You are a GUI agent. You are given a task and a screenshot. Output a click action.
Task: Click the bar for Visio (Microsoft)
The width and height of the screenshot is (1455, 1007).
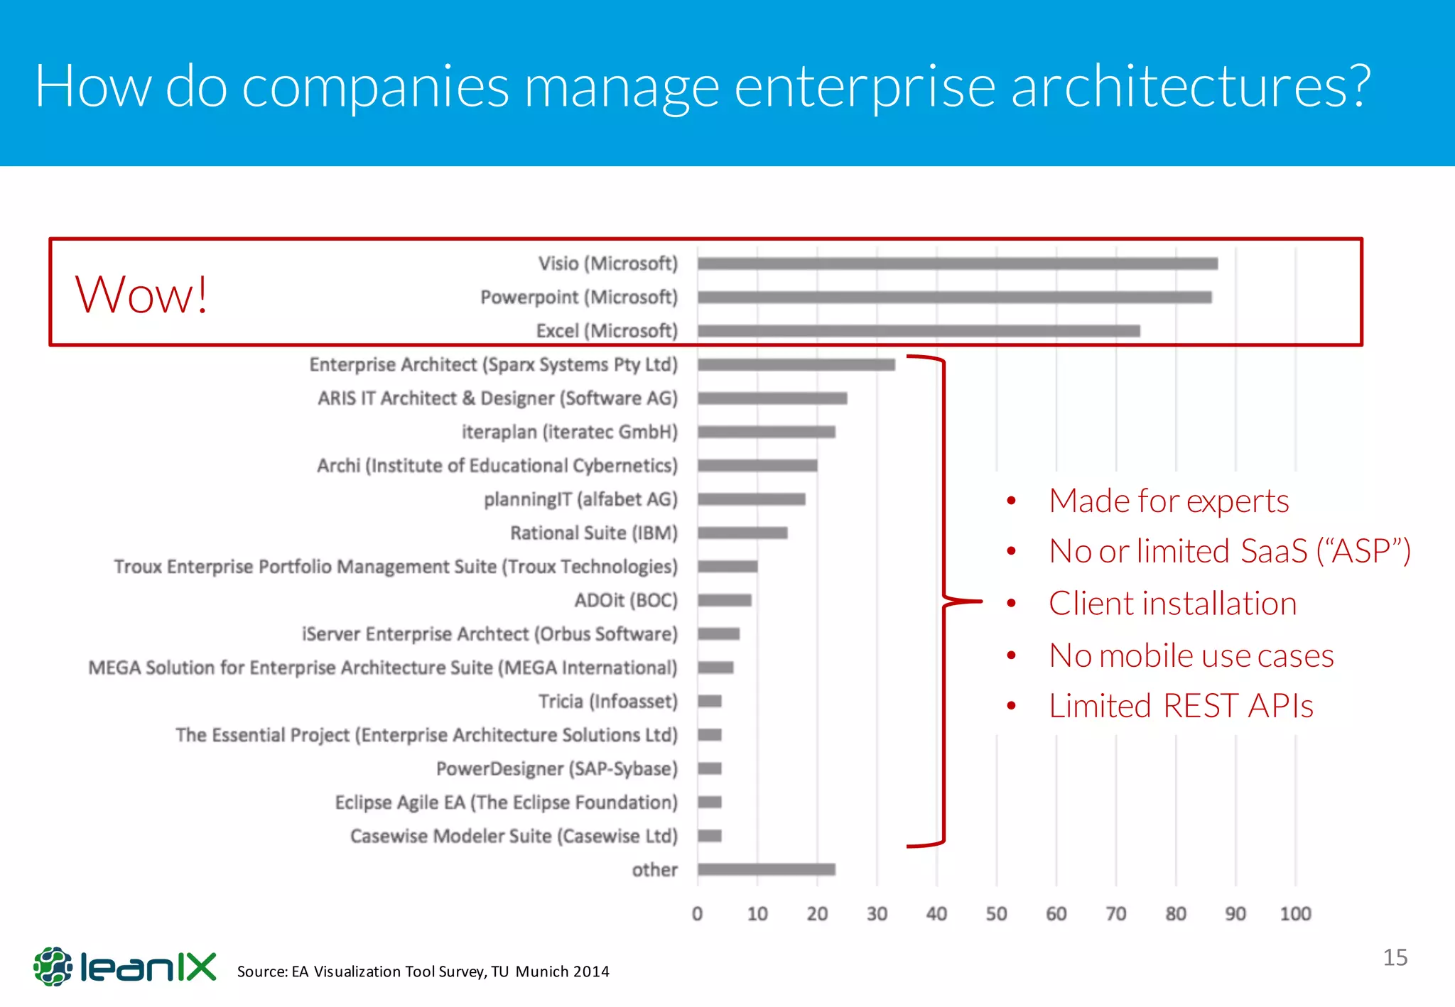click(957, 263)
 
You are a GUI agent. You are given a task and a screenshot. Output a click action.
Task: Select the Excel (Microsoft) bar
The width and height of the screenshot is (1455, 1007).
click(918, 331)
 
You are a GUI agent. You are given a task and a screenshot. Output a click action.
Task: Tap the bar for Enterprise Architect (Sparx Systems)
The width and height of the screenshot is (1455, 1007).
click(796, 364)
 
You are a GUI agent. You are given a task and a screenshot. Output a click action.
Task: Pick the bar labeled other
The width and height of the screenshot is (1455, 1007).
click(766, 869)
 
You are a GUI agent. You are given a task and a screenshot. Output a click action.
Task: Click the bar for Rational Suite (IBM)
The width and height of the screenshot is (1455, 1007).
click(742, 533)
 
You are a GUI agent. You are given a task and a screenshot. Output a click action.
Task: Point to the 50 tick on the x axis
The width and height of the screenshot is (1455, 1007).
click(996, 914)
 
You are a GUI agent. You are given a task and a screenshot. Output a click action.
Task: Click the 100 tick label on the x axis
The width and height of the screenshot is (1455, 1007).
click(1295, 914)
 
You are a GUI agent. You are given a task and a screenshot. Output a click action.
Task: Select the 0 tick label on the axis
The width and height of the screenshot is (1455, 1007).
click(697, 914)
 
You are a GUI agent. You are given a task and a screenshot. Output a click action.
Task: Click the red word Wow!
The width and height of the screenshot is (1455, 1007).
click(141, 294)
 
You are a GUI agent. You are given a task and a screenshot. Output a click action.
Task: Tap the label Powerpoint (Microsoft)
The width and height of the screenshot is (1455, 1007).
click(578, 297)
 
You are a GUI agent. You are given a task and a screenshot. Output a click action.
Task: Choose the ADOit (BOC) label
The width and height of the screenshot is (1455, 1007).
click(625, 600)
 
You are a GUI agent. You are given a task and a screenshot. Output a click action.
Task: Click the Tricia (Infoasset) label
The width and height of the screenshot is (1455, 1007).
click(607, 701)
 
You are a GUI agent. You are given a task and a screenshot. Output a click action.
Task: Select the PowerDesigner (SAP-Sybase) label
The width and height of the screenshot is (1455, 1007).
click(556, 768)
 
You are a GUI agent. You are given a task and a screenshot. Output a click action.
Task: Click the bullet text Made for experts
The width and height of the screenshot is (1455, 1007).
click(1168, 501)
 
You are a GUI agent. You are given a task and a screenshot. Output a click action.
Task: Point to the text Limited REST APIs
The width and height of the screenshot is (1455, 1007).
click(1180, 706)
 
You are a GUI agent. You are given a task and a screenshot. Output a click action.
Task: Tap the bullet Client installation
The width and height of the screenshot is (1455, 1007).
click(1172, 604)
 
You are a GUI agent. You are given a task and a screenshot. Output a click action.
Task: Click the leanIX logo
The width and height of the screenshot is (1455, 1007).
click(125, 967)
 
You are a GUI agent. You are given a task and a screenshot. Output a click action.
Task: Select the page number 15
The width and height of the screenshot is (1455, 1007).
click(1395, 957)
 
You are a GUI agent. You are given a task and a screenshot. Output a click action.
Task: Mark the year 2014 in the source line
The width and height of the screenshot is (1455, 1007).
click(591, 971)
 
